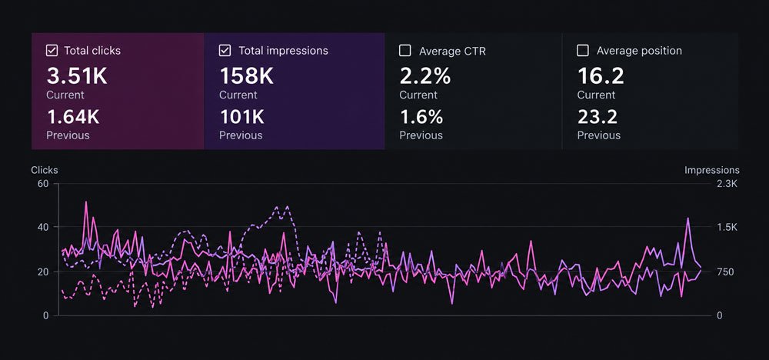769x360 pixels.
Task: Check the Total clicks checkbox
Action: (51, 51)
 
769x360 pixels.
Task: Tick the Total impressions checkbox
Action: (225, 51)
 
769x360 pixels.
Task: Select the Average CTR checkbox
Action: (405, 51)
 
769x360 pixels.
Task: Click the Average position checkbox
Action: (583, 51)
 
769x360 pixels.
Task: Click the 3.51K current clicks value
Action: (76, 76)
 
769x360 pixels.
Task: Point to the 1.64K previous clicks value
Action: (73, 117)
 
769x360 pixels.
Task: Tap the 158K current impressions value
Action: (246, 76)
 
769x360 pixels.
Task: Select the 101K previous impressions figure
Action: (241, 117)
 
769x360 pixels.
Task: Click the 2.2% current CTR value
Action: (425, 76)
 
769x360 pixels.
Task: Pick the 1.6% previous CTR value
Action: (421, 117)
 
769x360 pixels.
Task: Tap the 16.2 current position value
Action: (601, 76)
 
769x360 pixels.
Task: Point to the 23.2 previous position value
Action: (598, 117)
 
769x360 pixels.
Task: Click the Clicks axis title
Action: (44, 170)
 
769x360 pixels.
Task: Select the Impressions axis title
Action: (712, 170)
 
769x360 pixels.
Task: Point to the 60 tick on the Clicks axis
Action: (43, 184)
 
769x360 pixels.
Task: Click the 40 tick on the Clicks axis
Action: (43, 227)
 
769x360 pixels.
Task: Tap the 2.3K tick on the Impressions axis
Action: (727, 184)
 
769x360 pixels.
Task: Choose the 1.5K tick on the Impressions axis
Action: (727, 227)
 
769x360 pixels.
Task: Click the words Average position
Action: (639, 51)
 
